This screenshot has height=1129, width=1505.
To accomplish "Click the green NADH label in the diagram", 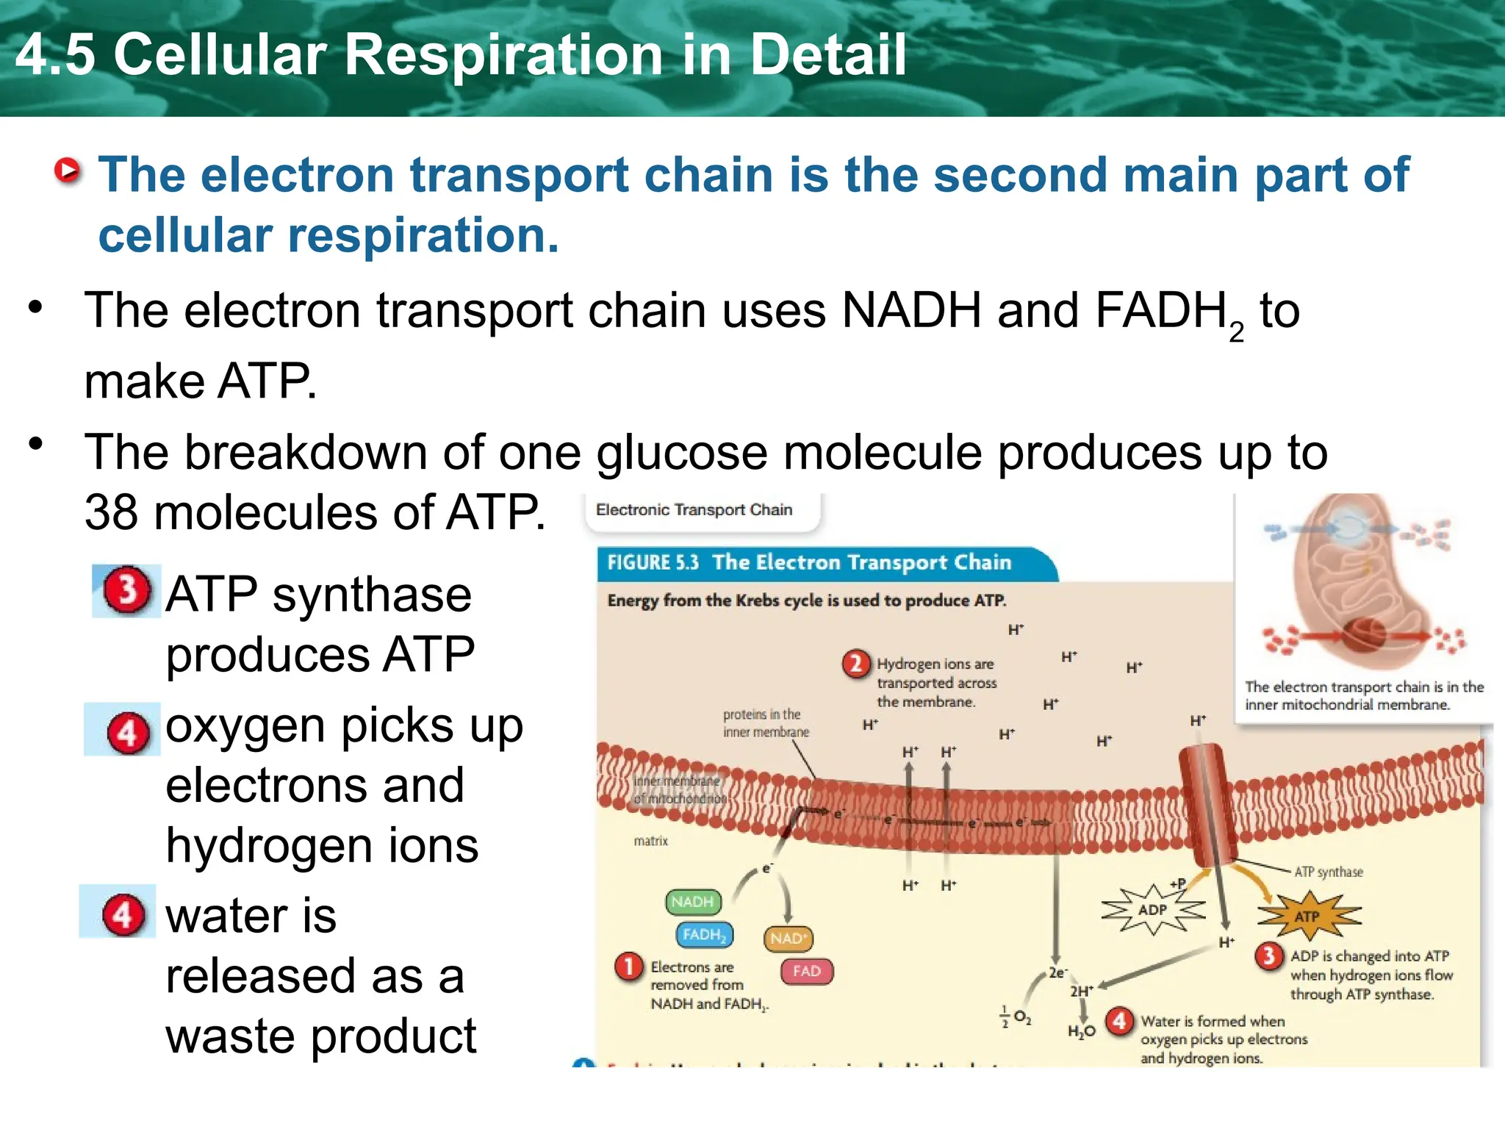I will click(692, 902).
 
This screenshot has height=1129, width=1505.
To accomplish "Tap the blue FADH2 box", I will click(704, 935).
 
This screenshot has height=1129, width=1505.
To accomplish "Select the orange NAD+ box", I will click(789, 939).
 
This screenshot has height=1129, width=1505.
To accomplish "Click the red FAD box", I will click(806, 971).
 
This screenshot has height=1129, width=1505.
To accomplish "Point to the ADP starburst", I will click(1152, 910).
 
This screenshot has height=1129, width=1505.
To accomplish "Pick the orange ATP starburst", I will click(1307, 917).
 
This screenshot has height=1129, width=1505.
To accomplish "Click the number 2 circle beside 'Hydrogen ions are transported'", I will click(856, 664).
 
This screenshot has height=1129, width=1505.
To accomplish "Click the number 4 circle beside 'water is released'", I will click(123, 915).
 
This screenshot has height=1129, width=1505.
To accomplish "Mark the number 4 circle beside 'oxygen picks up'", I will click(128, 732).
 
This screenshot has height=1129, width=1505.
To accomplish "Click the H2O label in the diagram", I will click(1082, 1031).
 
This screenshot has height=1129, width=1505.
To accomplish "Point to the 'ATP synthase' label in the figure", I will click(1329, 872).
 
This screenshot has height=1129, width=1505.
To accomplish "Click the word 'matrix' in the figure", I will click(651, 841).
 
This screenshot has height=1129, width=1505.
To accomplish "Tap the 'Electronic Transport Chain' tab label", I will click(694, 510).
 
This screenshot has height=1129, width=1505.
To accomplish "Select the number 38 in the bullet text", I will click(111, 512).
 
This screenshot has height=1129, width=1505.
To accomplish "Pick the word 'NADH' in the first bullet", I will click(911, 310).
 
